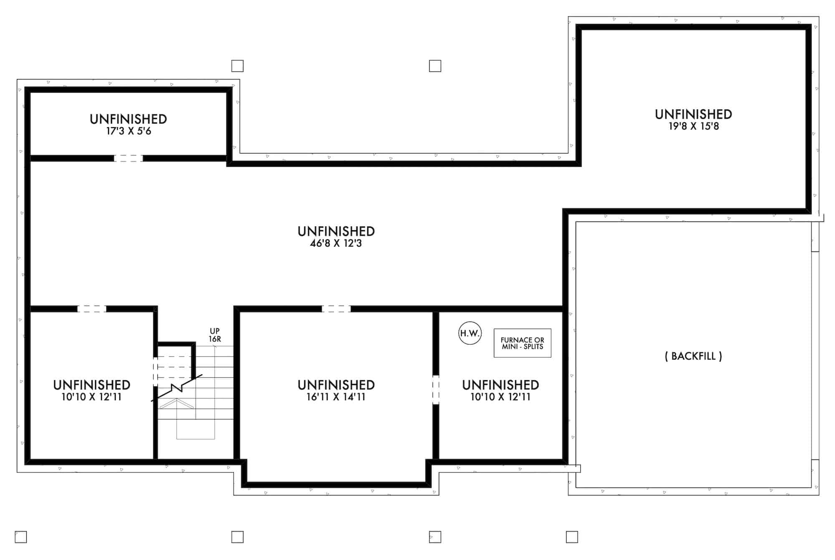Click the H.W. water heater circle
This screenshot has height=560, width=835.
click(x=470, y=333)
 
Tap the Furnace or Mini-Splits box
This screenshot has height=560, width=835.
click(x=522, y=343)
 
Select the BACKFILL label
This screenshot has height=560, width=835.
click(x=693, y=356)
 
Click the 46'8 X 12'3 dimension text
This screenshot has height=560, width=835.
click(x=336, y=244)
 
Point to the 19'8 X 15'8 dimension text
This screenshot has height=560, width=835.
click(x=693, y=126)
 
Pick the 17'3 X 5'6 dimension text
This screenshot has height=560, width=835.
click(x=128, y=131)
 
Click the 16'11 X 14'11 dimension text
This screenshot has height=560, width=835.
click(x=336, y=397)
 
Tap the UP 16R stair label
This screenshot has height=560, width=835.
click(x=215, y=335)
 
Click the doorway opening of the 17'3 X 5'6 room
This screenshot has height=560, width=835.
click(x=128, y=158)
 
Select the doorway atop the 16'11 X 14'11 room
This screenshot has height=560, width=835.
click(x=336, y=309)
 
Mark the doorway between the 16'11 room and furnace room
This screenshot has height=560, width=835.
click(x=435, y=390)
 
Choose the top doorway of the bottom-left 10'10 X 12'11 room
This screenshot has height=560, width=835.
click(x=91, y=309)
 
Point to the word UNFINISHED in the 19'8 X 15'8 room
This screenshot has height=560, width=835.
click(x=693, y=114)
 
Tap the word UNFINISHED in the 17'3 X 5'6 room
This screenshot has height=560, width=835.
click(x=128, y=119)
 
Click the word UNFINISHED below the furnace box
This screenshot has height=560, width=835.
click(x=500, y=385)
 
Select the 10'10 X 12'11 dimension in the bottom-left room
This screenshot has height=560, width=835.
click(x=91, y=397)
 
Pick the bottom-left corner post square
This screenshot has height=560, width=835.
click(x=21, y=537)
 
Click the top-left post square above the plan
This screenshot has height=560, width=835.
click(x=238, y=66)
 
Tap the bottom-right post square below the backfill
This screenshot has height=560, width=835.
click(x=572, y=537)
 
